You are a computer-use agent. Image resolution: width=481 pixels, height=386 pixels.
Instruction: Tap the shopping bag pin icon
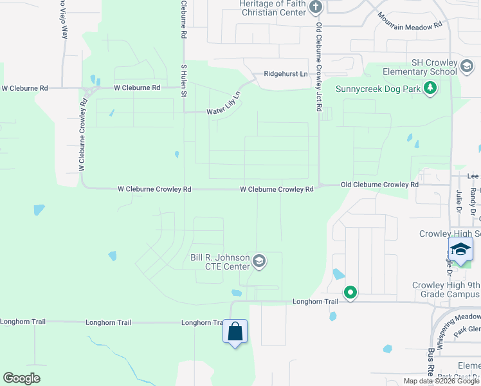tap(235, 332)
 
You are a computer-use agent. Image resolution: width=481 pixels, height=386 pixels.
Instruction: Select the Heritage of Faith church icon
tap(315, 8)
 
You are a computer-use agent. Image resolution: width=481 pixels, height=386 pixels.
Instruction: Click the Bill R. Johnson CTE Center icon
tap(259, 261)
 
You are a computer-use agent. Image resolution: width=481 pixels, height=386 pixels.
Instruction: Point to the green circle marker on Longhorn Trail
tap(350, 293)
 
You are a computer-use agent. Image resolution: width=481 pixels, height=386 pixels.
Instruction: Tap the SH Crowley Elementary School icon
tap(466, 65)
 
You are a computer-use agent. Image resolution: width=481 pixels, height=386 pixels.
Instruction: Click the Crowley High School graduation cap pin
tap(460, 250)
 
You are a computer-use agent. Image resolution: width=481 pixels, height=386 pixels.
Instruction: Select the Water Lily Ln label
tap(223, 105)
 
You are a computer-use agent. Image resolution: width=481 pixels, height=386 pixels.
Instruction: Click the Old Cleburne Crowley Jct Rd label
tap(318, 68)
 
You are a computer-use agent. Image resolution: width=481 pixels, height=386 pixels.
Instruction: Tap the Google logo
tap(21, 378)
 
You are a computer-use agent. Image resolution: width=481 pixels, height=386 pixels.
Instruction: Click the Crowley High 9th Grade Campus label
tap(446, 289)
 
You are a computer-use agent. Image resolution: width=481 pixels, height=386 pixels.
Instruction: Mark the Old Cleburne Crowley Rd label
tap(379, 185)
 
